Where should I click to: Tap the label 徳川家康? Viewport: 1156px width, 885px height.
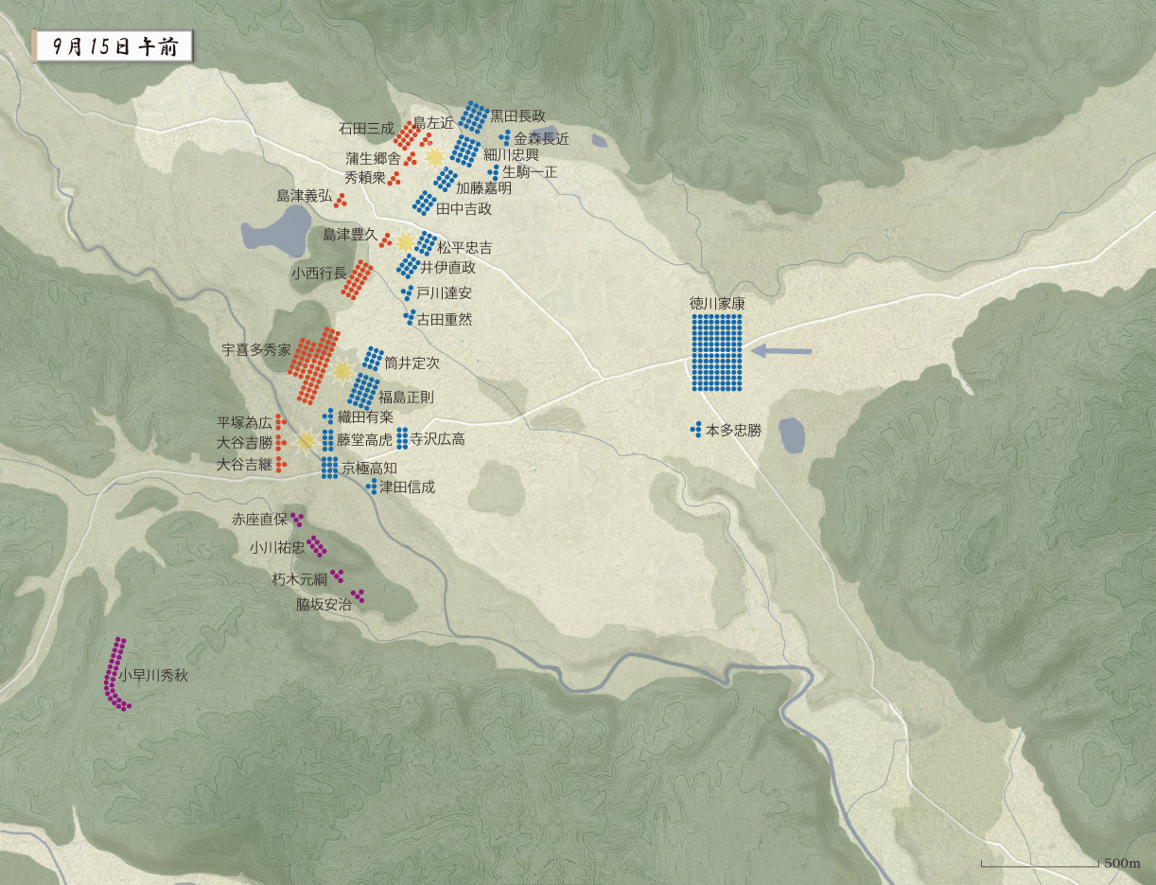(x=717, y=305)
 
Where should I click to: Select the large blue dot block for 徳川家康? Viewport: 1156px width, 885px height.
(x=717, y=352)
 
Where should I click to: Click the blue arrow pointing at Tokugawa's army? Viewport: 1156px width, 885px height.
(x=781, y=352)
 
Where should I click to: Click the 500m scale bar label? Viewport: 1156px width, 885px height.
(x=1122, y=864)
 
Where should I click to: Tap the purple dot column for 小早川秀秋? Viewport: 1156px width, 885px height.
(x=115, y=674)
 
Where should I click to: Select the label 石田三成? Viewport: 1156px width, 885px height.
(x=364, y=128)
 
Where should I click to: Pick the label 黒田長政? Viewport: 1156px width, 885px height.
(x=517, y=115)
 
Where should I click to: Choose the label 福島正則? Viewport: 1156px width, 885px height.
(x=406, y=398)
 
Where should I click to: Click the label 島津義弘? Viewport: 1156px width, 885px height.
(x=304, y=196)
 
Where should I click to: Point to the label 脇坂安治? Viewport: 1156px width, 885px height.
(x=323, y=605)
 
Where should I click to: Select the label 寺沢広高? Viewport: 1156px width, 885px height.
(x=437, y=439)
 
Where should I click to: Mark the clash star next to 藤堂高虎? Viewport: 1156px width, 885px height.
(x=306, y=440)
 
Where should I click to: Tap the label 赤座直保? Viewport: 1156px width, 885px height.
(x=260, y=519)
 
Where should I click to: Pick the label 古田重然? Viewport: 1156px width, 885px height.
(x=444, y=320)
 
